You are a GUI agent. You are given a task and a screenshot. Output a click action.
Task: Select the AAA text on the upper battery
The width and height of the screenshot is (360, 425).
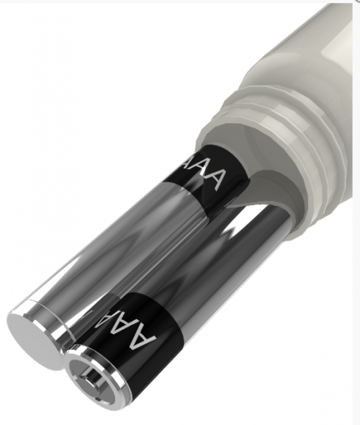[x=205, y=171]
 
